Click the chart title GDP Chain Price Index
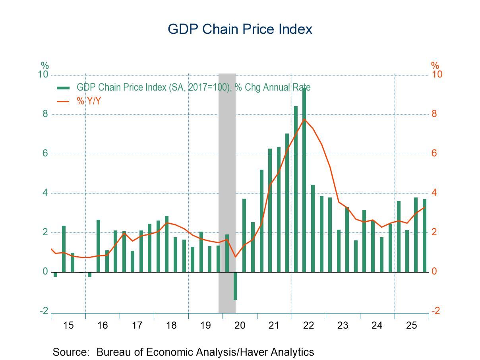[240, 29]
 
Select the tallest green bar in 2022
[304, 179]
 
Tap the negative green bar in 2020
[235, 286]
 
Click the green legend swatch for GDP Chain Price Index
[64, 88]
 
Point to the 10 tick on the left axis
[43, 75]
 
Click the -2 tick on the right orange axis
[435, 311]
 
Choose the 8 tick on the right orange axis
[434, 114]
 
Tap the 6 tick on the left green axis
[45, 154]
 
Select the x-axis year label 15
[68, 325]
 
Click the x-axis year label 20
[240, 325]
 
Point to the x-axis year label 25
[411, 325]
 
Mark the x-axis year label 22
[308, 325]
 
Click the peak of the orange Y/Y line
[304, 119]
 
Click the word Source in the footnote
[70, 352]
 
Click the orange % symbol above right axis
[435, 65]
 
